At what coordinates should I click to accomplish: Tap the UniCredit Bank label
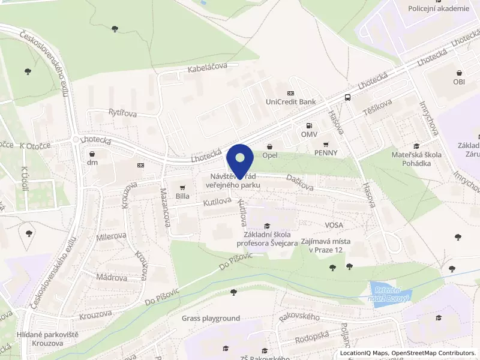point(290,102)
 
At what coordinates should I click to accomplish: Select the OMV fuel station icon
point(309,126)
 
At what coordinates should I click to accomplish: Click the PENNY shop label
point(326,152)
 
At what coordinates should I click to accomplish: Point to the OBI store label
point(459,81)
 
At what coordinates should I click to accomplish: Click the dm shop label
point(92,162)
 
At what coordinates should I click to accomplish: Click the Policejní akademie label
point(438,8)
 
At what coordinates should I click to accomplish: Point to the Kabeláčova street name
point(208,68)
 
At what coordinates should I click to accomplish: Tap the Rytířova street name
point(122,113)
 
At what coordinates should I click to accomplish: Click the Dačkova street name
point(299,182)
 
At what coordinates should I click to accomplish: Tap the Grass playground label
point(211,318)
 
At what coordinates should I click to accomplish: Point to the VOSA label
point(334,225)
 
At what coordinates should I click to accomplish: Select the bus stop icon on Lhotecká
point(347,98)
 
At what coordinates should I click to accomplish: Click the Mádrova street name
point(112,278)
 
